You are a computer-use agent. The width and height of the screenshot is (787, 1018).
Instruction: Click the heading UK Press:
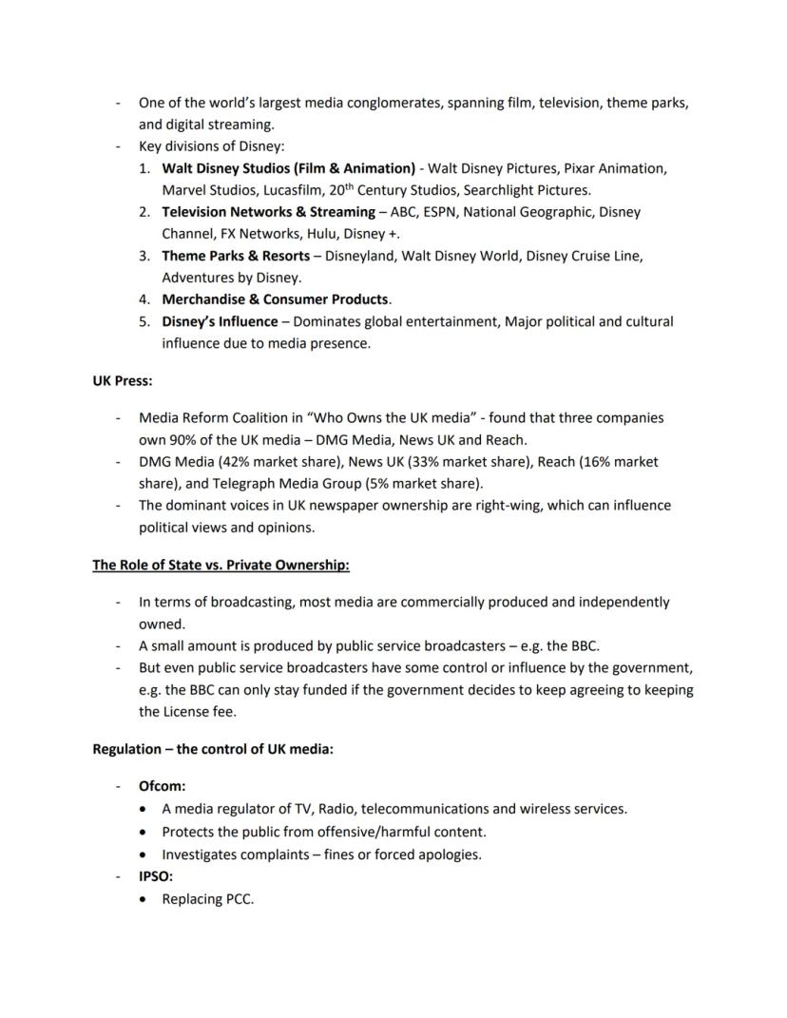coord(122,380)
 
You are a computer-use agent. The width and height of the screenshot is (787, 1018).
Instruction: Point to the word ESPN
coord(441,212)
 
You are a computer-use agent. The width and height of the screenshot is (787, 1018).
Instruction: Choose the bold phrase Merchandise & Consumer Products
coord(275,299)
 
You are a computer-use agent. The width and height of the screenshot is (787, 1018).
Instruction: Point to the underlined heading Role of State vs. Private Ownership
coord(221,566)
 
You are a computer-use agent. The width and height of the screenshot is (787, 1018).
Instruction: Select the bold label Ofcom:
coord(162,786)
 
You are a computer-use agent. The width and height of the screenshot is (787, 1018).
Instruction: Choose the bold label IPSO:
coord(156,876)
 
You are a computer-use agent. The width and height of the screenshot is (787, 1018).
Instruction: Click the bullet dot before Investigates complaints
coord(143,855)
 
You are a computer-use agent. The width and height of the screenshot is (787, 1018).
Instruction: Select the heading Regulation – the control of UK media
coord(212,749)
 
